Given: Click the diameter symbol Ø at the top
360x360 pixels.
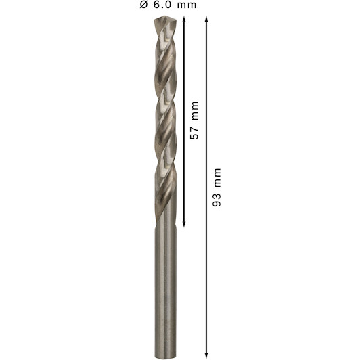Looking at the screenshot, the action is [143, 5].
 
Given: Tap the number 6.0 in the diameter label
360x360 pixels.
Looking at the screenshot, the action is [162, 5].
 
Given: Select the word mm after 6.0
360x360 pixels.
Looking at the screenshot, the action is [187, 5].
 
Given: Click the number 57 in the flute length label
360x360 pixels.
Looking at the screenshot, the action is [194, 133].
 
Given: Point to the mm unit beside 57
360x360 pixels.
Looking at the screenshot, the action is [195, 111].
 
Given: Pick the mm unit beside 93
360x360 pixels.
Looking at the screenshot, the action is [217, 178].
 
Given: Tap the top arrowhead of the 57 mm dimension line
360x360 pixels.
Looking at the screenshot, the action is [184, 18].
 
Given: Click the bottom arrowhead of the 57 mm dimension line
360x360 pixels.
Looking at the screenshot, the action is [184, 225].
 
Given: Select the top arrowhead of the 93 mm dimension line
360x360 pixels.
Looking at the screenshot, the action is [206, 18].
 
